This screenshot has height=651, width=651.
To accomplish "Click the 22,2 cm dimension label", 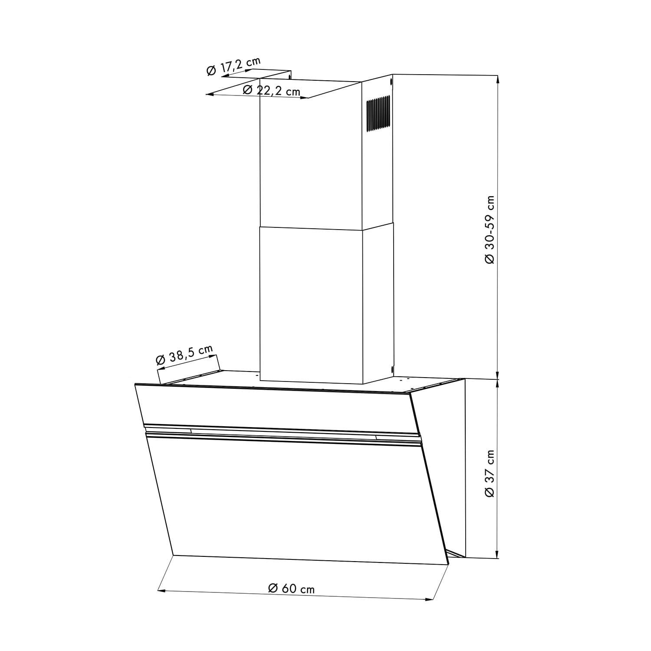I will pos(272,90).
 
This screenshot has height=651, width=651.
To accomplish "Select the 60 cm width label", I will pos(292,589).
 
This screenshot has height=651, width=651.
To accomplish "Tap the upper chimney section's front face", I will pos(311,152).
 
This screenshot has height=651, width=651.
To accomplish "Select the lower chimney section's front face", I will pos(311,304).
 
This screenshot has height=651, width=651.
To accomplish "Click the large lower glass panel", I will pos(295,499).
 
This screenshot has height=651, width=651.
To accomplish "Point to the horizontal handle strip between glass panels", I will pos(282,434).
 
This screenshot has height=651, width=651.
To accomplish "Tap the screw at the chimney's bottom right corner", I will pos(391,369).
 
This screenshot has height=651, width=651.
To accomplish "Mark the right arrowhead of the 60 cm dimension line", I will pos(431,599).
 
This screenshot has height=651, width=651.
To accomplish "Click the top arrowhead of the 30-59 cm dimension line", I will pos(497,79).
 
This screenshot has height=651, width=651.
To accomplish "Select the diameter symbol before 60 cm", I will pos(273,588).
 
